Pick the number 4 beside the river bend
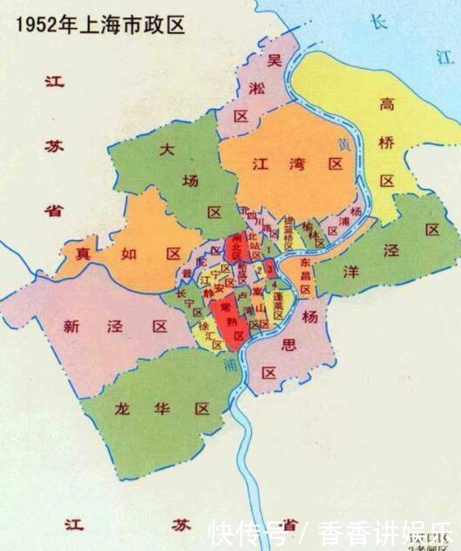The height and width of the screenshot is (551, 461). [276, 284]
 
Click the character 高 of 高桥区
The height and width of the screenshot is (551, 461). [388, 104]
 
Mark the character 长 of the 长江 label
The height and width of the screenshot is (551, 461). [377, 22]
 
